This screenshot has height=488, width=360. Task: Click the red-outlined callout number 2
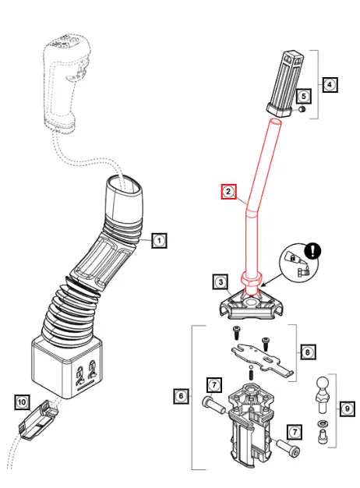228,191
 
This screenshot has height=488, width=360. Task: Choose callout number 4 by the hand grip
330,83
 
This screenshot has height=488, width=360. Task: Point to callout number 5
304,96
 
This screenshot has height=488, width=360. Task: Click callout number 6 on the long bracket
180,397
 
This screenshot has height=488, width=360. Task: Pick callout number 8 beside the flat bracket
308,352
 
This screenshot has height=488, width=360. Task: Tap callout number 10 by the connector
22,402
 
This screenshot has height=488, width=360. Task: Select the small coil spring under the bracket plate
251,375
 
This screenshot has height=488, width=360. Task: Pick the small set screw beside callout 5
300,112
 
